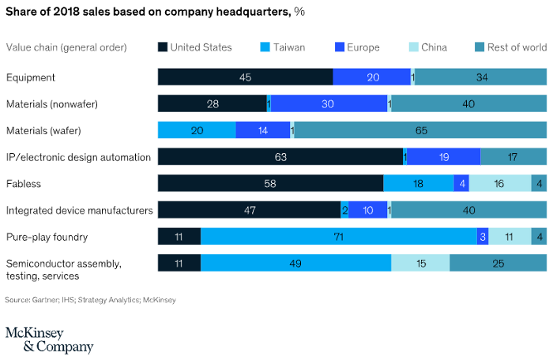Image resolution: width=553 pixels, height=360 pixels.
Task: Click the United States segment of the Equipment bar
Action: click(x=245, y=77)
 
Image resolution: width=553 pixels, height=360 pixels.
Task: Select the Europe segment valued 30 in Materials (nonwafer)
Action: click(x=329, y=103)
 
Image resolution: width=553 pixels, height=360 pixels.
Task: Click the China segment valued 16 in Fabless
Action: click(x=500, y=183)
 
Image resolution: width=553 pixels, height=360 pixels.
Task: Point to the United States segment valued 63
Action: click(x=280, y=156)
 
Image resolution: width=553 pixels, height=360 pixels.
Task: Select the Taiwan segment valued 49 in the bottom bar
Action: click(x=295, y=263)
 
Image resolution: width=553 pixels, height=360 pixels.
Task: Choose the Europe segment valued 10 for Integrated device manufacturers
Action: click(x=367, y=210)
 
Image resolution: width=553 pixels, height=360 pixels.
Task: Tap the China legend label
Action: click(x=434, y=47)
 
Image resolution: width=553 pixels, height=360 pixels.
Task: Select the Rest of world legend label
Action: click(x=517, y=47)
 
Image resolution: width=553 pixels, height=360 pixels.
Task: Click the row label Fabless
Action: click(x=24, y=183)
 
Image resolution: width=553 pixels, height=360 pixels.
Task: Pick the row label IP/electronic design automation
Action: click(x=78, y=156)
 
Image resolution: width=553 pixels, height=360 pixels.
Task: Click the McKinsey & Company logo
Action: click(x=49, y=339)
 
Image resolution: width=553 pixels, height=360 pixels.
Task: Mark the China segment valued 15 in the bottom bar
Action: click(x=420, y=263)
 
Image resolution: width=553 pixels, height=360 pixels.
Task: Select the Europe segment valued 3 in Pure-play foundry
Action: click(x=482, y=236)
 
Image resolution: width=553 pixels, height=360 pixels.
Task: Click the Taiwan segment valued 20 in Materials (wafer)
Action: click(x=197, y=130)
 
